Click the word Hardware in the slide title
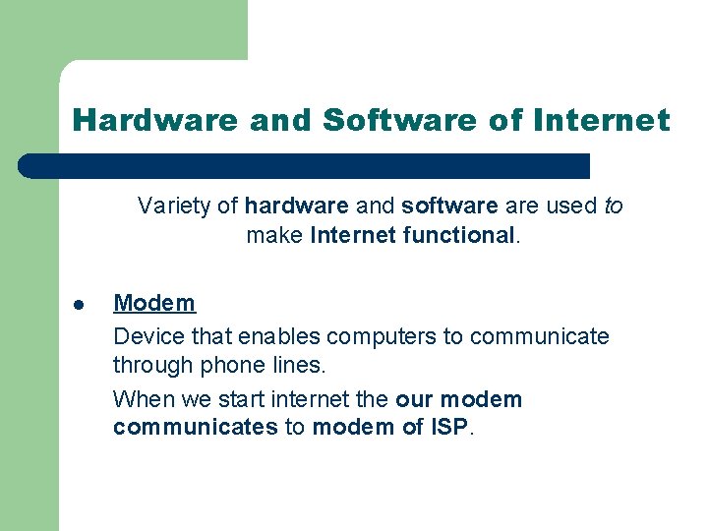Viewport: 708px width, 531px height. click(155, 121)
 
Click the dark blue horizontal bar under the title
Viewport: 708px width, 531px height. click(305, 165)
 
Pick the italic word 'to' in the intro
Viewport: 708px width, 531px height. click(613, 206)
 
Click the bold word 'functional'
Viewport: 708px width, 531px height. click(458, 236)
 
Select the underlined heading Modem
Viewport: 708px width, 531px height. click(154, 303)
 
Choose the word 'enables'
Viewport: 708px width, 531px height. click(283, 336)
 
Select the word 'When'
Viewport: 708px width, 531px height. click(142, 399)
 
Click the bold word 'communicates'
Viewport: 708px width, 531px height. click(195, 428)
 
